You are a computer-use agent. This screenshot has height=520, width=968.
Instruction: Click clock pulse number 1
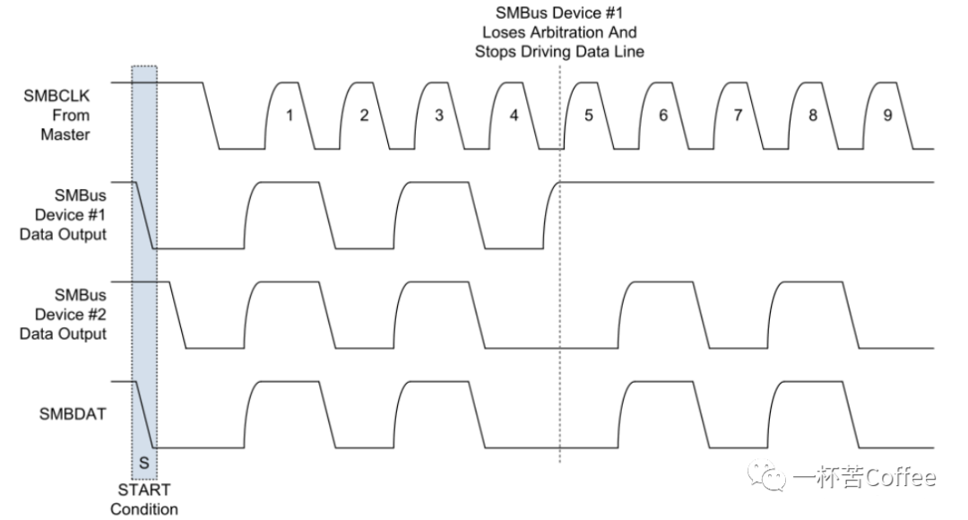(289, 116)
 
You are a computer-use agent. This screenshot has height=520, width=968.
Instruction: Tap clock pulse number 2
(364, 116)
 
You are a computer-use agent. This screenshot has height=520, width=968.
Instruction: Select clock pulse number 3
(439, 116)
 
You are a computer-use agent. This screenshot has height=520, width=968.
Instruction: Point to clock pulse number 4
(514, 116)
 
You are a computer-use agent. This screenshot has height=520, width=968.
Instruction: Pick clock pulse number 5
(588, 116)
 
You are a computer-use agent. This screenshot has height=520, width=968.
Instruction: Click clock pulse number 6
(663, 116)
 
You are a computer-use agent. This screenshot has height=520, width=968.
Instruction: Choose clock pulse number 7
(738, 116)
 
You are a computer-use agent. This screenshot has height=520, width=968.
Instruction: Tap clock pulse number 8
(812, 116)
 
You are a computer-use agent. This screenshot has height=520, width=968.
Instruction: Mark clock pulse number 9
(887, 116)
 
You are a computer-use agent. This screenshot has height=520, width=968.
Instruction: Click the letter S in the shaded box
(143, 463)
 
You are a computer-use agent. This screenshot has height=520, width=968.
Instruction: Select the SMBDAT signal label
(73, 414)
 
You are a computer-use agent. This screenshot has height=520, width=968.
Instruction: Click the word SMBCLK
(56, 96)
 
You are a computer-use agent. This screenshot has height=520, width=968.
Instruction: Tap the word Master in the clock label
(65, 134)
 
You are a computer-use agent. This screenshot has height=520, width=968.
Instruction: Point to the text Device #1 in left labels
(71, 215)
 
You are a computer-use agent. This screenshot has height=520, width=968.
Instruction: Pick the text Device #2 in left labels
(71, 315)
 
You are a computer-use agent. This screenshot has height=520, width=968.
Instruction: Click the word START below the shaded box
(143, 490)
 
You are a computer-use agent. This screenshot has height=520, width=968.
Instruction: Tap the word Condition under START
(143, 509)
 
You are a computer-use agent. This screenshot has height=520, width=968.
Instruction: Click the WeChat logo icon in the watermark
(766, 475)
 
